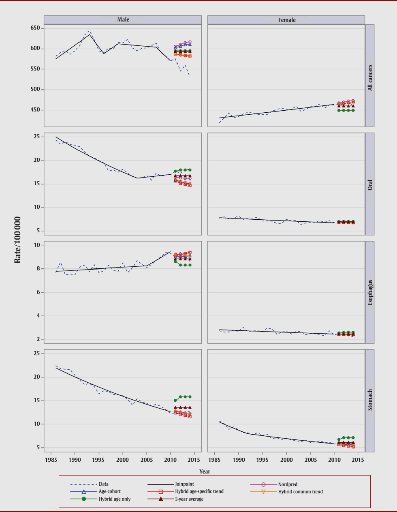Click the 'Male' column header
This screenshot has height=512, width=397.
[123, 19]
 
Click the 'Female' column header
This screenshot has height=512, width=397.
[287, 20]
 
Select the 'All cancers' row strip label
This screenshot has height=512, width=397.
[370, 77]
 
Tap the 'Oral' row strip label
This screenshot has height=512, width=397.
[370, 185]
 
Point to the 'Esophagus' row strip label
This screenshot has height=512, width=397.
[370, 292]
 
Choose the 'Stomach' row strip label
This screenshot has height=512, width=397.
[370, 400]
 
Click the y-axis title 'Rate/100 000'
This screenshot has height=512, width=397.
[17, 240]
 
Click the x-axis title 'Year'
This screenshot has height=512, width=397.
[205, 471]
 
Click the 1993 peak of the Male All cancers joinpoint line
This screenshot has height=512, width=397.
[90, 34]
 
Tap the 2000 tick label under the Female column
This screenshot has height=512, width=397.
[286, 460]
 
